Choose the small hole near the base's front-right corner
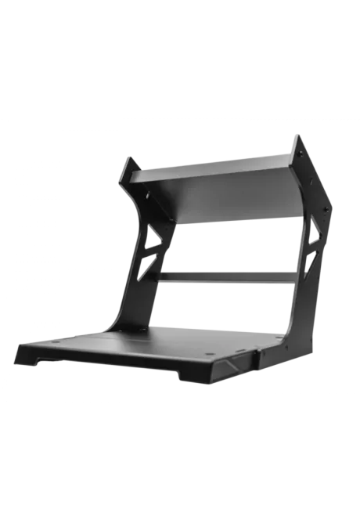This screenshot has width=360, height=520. click(x=210, y=354)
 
